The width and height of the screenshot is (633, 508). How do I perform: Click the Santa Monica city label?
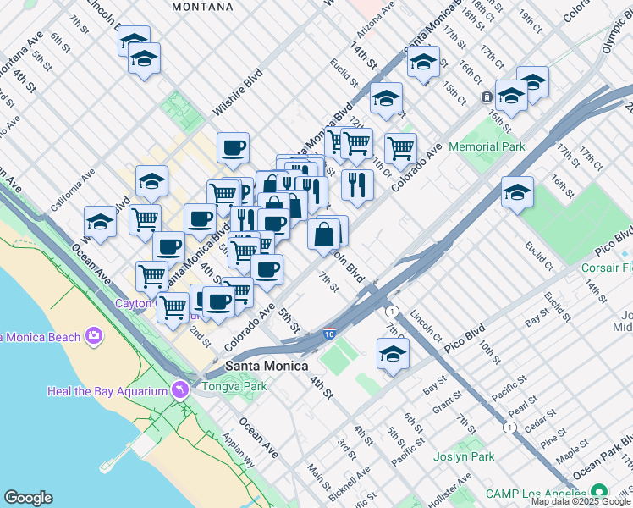point(269,367)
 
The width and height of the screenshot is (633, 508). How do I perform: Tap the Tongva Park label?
point(234,386)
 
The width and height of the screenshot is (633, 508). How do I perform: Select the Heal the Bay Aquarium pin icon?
point(179,390)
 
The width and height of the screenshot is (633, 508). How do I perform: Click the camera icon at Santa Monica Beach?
point(93,337)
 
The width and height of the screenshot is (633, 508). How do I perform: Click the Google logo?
point(28,498)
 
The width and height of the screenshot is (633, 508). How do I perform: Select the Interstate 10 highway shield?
point(329,335)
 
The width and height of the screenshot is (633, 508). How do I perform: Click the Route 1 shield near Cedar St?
point(509,427)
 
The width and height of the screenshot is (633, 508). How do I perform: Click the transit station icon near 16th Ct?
point(487,97)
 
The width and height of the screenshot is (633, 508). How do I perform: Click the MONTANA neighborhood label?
point(202,7)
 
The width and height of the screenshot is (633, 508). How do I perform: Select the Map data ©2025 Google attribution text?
point(581,501)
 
